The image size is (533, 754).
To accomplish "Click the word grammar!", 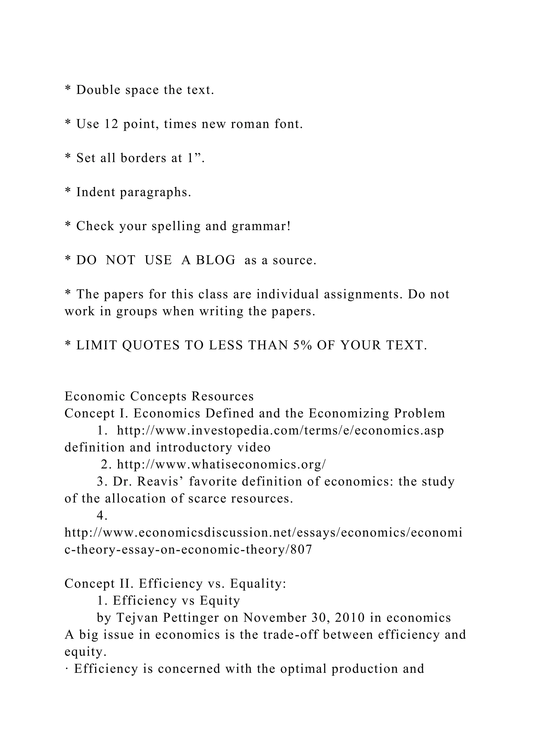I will click(261, 226).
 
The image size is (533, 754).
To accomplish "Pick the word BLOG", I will click(216, 260).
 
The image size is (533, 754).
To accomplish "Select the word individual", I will click(288, 294).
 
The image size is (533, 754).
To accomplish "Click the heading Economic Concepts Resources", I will click(159, 396).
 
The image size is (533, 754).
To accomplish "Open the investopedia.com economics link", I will click(280, 431).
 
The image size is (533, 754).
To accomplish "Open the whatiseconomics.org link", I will click(221, 464).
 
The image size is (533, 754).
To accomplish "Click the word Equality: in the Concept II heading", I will click(258, 583).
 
